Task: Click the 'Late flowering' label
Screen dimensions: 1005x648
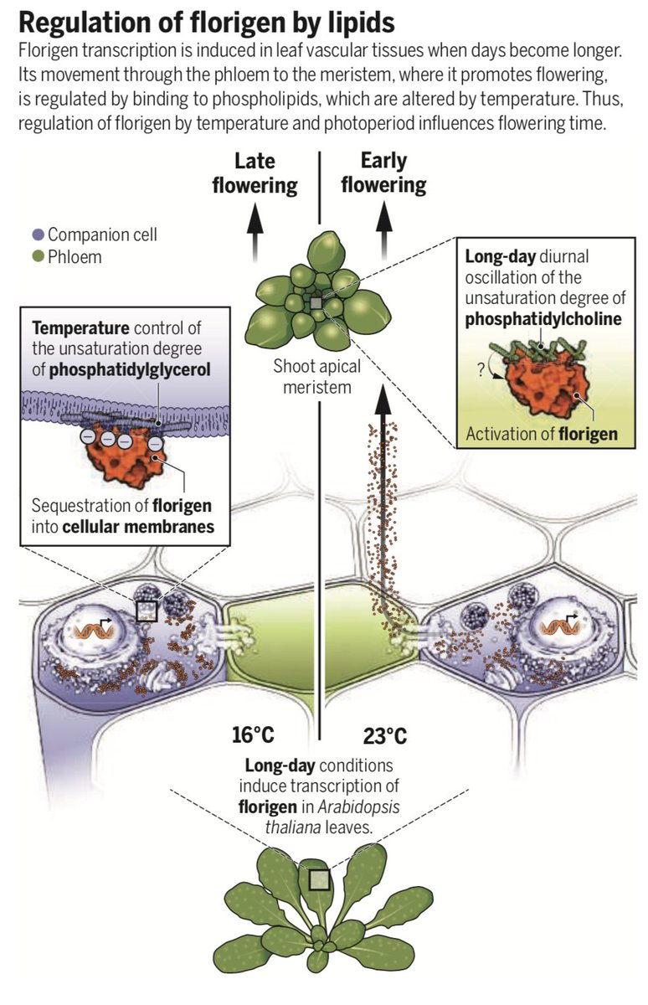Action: click(255, 173)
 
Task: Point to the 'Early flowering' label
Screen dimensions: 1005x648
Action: click(383, 173)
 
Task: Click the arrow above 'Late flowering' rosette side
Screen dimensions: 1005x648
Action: click(255, 225)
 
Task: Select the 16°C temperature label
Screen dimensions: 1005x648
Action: click(253, 736)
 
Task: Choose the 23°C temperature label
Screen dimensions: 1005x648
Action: click(385, 736)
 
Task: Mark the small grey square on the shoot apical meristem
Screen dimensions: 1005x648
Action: click(316, 303)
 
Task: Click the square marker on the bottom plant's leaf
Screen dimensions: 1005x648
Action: click(319, 879)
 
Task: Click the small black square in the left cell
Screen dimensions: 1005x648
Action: click(147, 611)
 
